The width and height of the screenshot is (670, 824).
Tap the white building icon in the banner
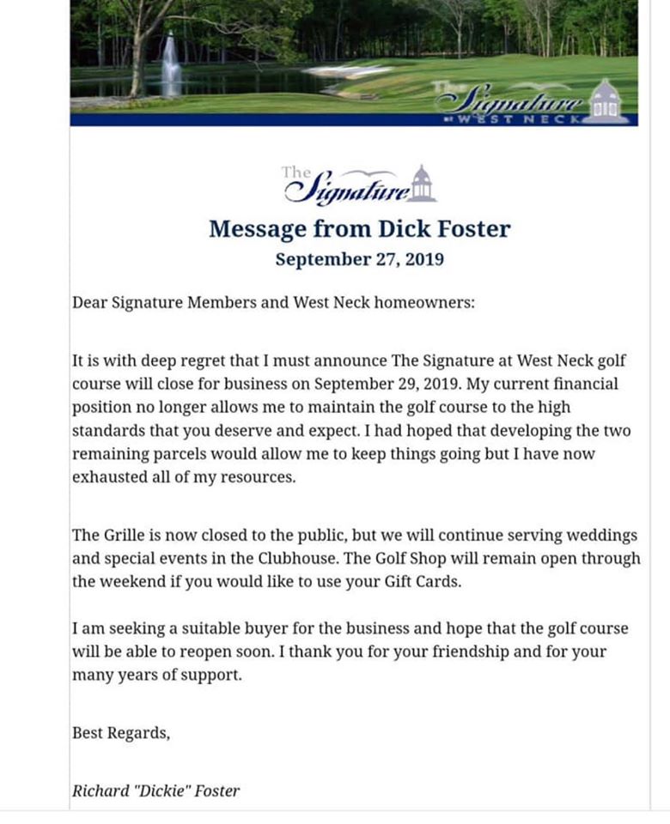click(606, 102)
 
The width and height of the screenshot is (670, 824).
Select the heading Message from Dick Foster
click(359, 229)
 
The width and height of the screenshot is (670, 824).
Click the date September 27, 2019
click(359, 259)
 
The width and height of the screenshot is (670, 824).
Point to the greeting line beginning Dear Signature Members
click(273, 303)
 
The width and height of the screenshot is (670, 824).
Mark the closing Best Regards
click(121, 733)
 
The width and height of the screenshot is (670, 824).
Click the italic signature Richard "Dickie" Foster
click(156, 791)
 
